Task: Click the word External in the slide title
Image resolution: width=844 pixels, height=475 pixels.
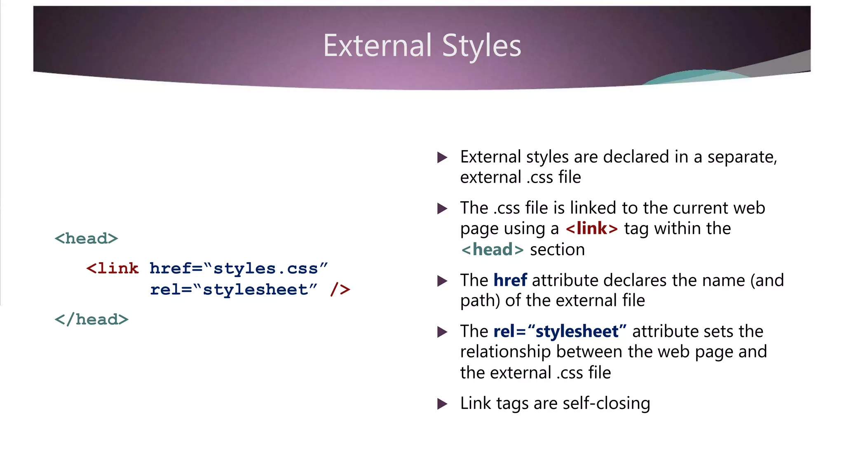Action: tap(377, 45)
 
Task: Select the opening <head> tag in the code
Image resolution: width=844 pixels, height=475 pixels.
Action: tap(86, 238)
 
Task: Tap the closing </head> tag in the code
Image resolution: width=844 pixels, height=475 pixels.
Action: tap(91, 320)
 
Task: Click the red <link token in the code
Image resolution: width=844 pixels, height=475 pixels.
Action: tap(113, 268)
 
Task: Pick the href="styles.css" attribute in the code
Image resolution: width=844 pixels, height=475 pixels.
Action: tap(239, 268)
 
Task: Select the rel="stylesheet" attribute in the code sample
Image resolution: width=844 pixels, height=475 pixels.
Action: tap(234, 289)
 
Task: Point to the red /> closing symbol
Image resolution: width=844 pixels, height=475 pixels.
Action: tap(340, 289)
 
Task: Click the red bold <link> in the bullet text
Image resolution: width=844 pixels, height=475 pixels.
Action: tap(592, 228)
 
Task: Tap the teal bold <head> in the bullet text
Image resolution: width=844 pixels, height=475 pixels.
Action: tap(492, 249)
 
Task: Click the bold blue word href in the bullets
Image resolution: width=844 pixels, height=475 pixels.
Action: tap(510, 280)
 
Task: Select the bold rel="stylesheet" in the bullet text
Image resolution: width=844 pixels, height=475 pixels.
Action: tap(560, 332)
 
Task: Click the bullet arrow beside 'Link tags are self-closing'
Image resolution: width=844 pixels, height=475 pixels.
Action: tap(442, 404)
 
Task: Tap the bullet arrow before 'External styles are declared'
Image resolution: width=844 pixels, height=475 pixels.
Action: tap(442, 157)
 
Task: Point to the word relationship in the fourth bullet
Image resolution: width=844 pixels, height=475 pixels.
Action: tap(506, 352)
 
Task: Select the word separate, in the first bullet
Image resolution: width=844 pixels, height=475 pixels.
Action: tap(742, 157)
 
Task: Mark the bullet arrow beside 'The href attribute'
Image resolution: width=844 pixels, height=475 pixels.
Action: tap(442, 281)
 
